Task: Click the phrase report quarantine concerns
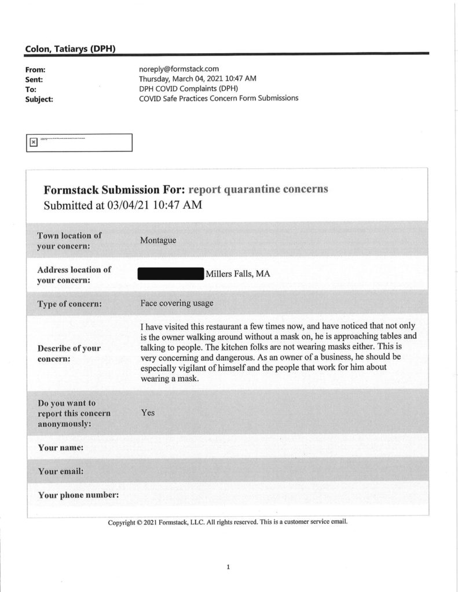(258, 190)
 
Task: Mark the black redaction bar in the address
(171, 274)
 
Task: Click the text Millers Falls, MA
(238, 274)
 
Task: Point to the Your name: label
(60, 447)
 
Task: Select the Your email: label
(61, 471)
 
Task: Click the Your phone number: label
(78, 495)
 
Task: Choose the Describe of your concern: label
(68, 353)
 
